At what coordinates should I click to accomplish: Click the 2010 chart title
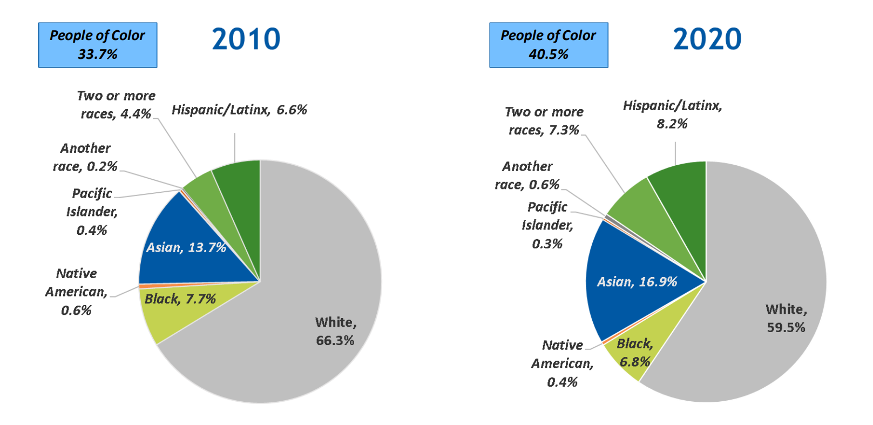point(246,39)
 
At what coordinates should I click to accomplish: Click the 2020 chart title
point(707,39)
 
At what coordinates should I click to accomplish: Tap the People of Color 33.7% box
point(98,45)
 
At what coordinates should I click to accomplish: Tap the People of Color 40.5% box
point(549,45)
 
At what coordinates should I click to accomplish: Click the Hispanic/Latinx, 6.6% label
point(239,110)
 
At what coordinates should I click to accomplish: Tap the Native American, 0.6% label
point(76,292)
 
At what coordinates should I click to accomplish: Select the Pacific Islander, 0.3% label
point(547,225)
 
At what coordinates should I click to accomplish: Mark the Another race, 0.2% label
point(85,157)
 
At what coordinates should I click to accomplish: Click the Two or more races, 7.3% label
point(544,121)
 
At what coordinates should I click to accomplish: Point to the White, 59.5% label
point(786,318)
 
